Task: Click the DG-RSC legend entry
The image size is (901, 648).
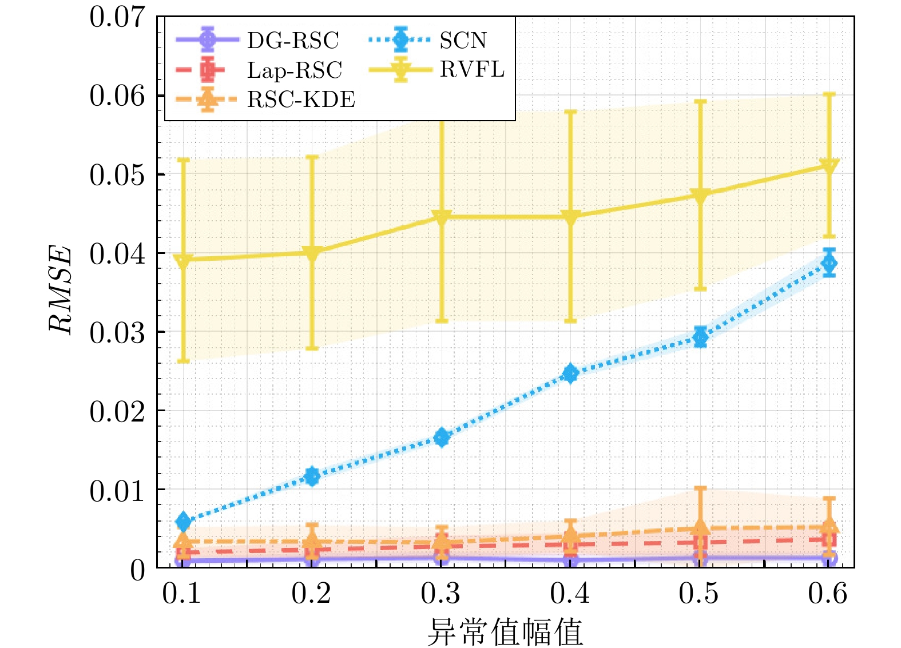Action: click(x=292, y=40)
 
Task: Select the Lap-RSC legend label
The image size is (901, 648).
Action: click(x=294, y=70)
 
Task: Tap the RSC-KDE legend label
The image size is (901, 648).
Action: click(x=301, y=100)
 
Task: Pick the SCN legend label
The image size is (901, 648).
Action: click(x=463, y=40)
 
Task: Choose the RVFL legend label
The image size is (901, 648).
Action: click(x=472, y=70)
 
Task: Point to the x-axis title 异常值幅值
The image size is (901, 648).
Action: click(x=505, y=631)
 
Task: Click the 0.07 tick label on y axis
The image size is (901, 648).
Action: click(x=117, y=17)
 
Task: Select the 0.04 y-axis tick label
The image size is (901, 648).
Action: click(x=117, y=253)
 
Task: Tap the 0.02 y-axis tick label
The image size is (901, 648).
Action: click(x=117, y=411)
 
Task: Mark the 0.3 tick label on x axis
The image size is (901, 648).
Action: click(x=440, y=594)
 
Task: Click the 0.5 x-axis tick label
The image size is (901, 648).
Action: click(x=699, y=594)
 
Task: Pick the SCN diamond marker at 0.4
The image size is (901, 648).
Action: click(x=570, y=373)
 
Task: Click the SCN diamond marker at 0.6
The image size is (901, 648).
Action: click(x=829, y=263)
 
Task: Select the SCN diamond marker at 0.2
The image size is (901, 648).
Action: click(x=312, y=476)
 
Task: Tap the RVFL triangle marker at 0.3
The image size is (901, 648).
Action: click(x=442, y=217)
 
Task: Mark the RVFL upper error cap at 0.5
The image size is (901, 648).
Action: click(x=700, y=101)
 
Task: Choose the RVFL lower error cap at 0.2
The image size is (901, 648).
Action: click(x=312, y=348)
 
